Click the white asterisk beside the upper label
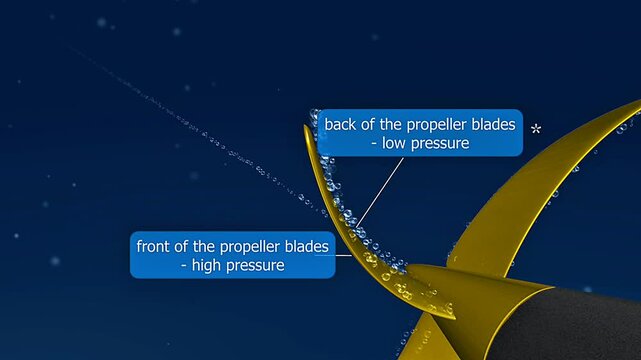click(x=536, y=129)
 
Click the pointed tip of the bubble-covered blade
click(x=307, y=128)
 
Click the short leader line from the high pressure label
click(x=342, y=254)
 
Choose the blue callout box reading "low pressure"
click(x=420, y=134)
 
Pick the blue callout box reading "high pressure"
click(x=232, y=255)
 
